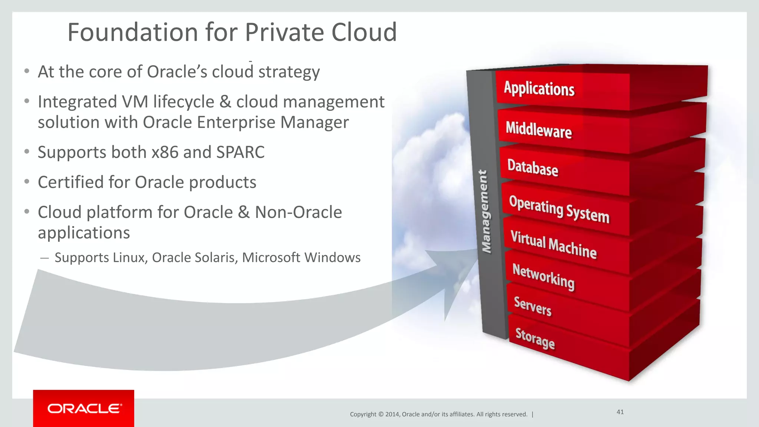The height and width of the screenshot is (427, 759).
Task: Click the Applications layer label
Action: point(539,89)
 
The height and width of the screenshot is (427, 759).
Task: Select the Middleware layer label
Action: point(538,130)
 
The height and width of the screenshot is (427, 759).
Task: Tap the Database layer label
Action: point(533,168)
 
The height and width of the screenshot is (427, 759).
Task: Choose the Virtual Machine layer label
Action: point(553,244)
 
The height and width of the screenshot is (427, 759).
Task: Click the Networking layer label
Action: point(543,277)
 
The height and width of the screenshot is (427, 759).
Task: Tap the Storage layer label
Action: point(535,338)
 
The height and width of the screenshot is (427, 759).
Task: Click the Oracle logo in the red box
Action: point(84,408)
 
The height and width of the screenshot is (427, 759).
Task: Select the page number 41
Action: point(620,412)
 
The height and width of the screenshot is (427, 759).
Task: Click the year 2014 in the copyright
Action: point(392,414)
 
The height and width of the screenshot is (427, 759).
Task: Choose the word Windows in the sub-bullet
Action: point(338,258)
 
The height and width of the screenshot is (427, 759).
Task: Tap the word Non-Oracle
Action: point(298,212)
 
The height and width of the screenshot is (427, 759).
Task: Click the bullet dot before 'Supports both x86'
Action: point(27,152)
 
